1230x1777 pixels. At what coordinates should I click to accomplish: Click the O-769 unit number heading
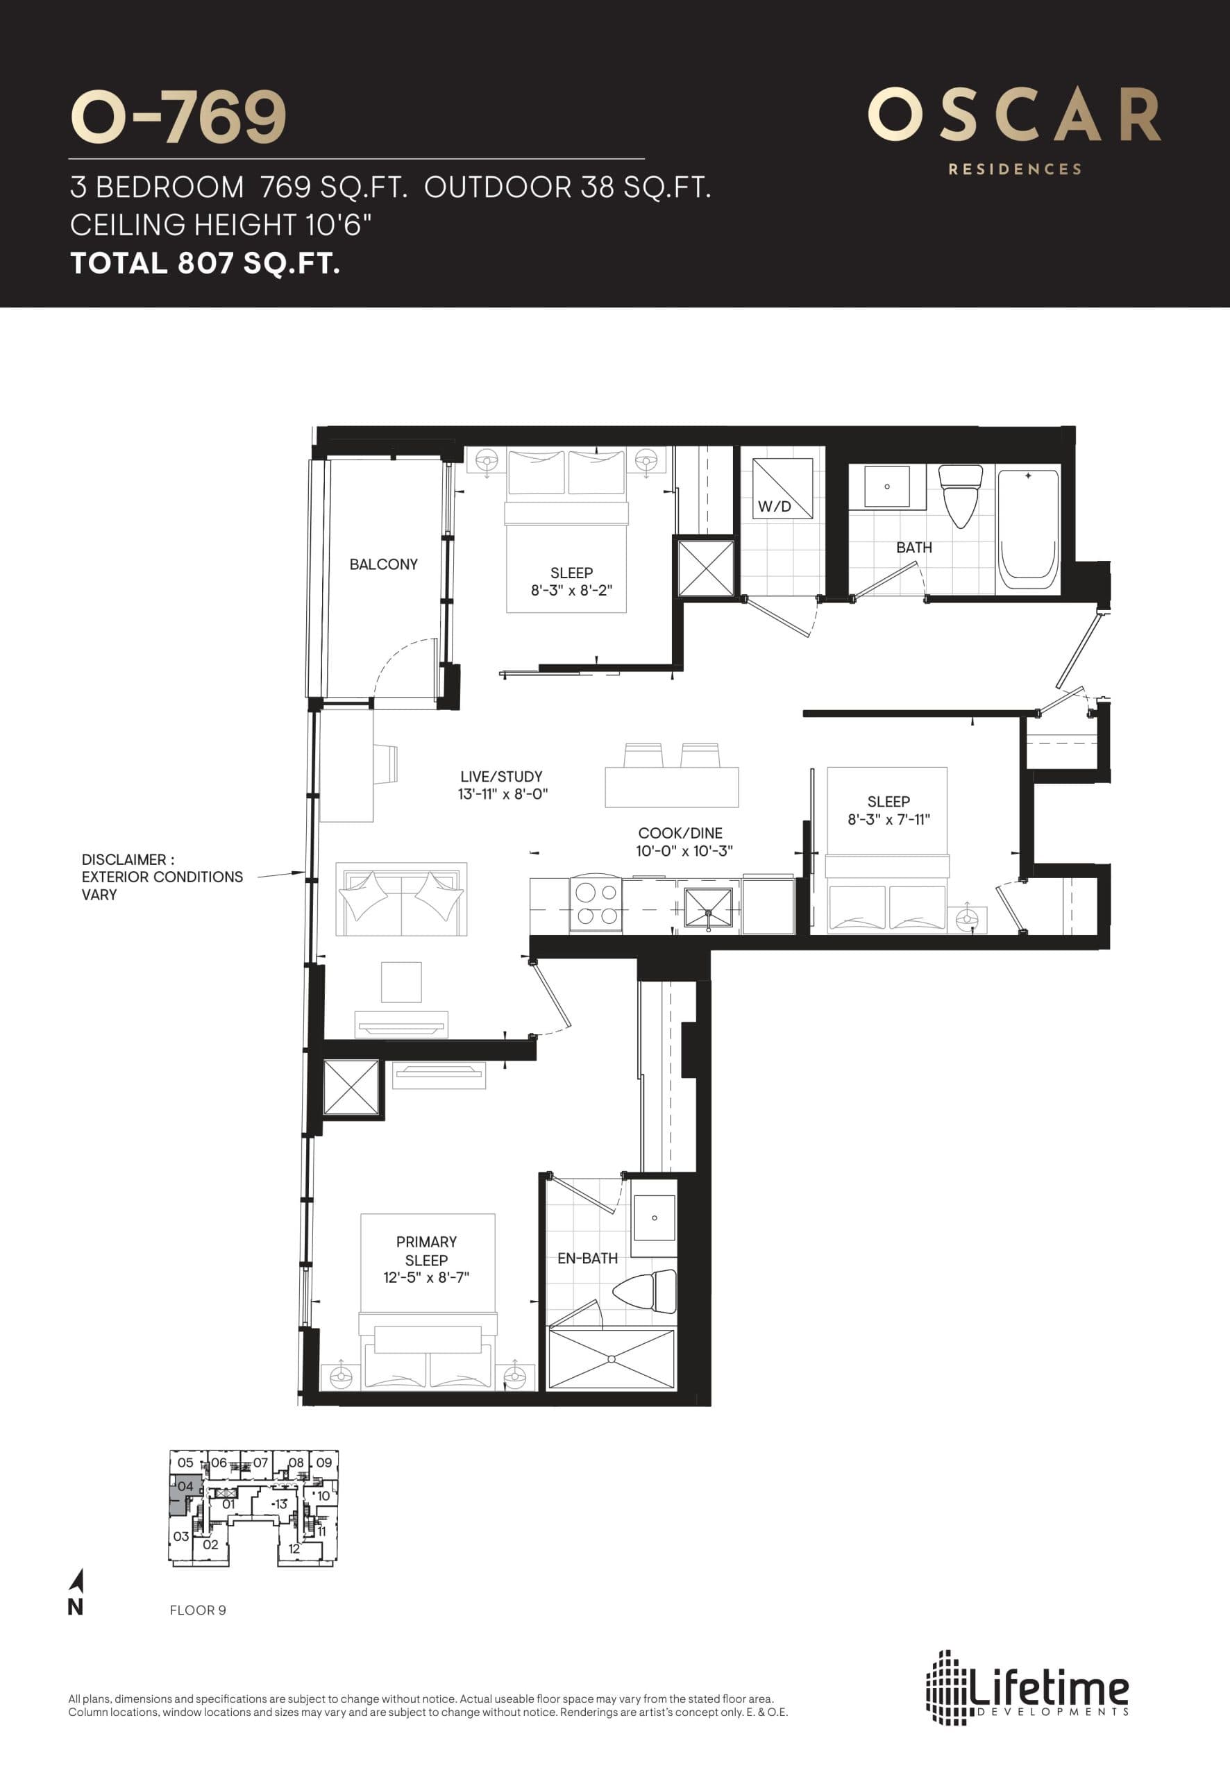click(178, 117)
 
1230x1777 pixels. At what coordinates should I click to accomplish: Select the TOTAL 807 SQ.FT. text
click(205, 264)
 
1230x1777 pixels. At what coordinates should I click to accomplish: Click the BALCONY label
click(383, 564)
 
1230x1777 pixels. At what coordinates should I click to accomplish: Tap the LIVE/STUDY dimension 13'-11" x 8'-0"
click(503, 793)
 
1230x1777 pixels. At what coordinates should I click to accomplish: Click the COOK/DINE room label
click(680, 833)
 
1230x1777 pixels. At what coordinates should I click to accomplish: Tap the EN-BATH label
click(587, 1258)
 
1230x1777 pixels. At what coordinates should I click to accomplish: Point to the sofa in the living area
click(401, 900)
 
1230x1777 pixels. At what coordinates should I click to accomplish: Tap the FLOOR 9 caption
click(197, 1610)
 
